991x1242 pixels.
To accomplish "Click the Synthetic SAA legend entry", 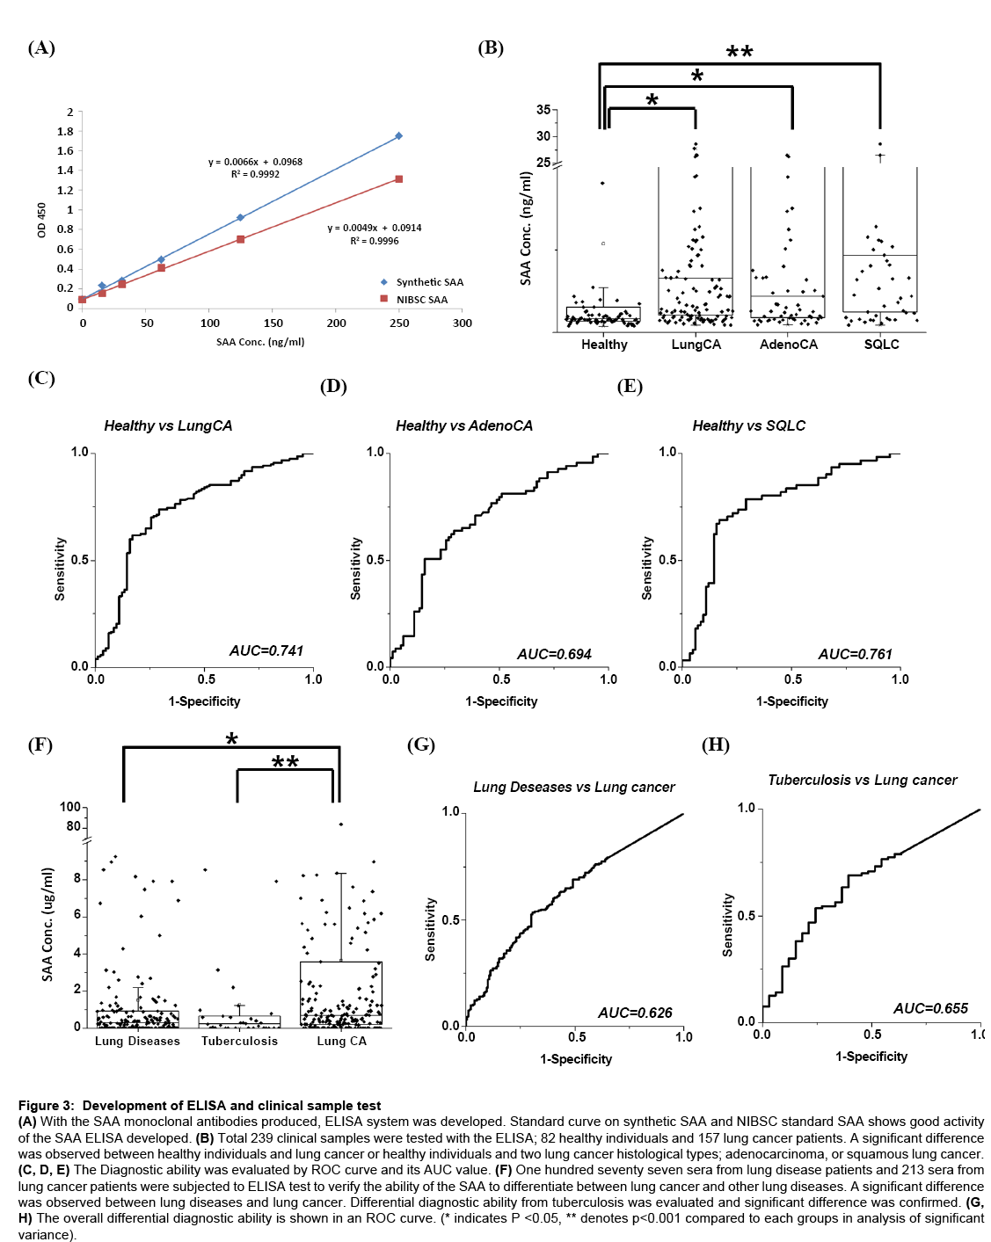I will (429, 282).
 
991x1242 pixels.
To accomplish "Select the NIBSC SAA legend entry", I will (421, 300).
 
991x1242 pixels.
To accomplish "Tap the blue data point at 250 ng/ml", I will (399, 136).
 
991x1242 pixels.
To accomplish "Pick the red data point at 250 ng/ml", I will (399, 179).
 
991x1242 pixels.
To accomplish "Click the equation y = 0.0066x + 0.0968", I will (255, 162).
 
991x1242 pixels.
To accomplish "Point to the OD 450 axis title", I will (41, 220).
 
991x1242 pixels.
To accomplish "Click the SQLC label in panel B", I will (881, 345).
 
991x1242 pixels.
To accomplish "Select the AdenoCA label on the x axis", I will (789, 345).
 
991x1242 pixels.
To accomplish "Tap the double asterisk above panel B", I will (740, 52).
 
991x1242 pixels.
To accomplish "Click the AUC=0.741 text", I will (266, 650).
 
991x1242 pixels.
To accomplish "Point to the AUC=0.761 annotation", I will (855, 654).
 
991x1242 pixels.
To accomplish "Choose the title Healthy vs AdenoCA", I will (464, 425).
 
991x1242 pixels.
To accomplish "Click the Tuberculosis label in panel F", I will (239, 1041).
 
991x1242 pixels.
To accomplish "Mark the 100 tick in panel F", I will (70, 807).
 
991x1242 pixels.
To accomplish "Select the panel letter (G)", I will (421, 745).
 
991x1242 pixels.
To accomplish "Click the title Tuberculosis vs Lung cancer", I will (863, 780).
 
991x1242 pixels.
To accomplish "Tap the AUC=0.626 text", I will (635, 1013).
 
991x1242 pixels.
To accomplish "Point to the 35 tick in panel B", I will (543, 110).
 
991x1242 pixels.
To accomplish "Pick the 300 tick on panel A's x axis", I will (463, 323).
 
